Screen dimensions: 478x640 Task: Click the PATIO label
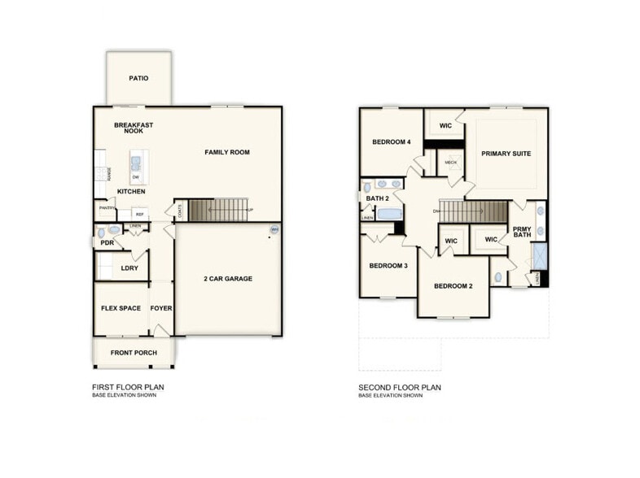138,79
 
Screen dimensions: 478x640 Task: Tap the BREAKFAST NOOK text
134,128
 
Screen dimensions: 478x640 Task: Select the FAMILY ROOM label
226,152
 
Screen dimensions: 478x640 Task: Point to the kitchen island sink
135,162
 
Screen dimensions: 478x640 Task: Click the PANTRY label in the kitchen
106,208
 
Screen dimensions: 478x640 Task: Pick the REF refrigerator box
139,215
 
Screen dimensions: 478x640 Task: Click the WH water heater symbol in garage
274,230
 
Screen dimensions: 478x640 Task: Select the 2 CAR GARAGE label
227,279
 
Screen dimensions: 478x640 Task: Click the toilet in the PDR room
113,231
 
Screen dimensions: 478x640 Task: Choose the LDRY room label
129,267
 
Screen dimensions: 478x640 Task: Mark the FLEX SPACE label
121,308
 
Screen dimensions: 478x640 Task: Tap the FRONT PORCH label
134,353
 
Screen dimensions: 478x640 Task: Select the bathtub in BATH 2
388,215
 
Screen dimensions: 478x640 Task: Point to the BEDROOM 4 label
391,142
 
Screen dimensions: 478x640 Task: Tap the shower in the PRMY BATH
540,257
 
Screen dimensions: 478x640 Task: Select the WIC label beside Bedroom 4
445,126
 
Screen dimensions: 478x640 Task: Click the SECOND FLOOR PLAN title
400,388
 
